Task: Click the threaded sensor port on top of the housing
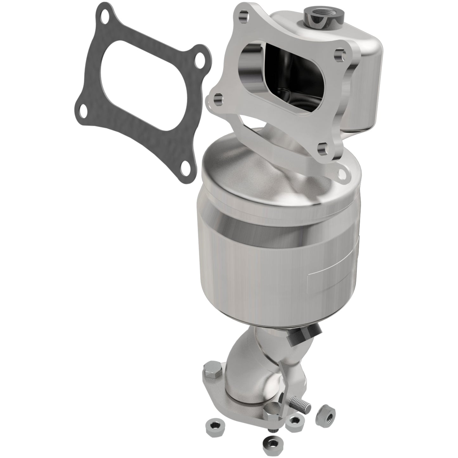click(x=315, y=14)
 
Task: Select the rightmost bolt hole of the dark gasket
click(x=200, y=62)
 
